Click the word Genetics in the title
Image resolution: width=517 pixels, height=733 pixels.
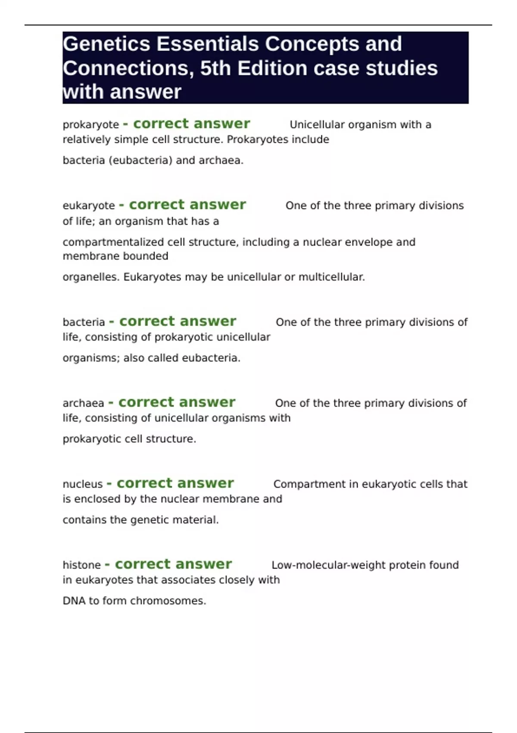(106, 44)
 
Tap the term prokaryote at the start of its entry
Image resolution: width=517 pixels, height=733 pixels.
(90, 125)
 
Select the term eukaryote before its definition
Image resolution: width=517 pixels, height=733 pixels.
(89, 206)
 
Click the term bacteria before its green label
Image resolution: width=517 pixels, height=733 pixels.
(84, 323)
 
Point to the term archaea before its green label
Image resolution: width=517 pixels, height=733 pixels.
(83, 403)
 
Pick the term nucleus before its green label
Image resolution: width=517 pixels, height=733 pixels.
(83, 484)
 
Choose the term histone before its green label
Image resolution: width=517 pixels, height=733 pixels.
(81, 565)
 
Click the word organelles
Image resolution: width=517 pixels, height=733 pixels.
(90, 277)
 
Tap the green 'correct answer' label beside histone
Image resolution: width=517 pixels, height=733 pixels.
(173, 564)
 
